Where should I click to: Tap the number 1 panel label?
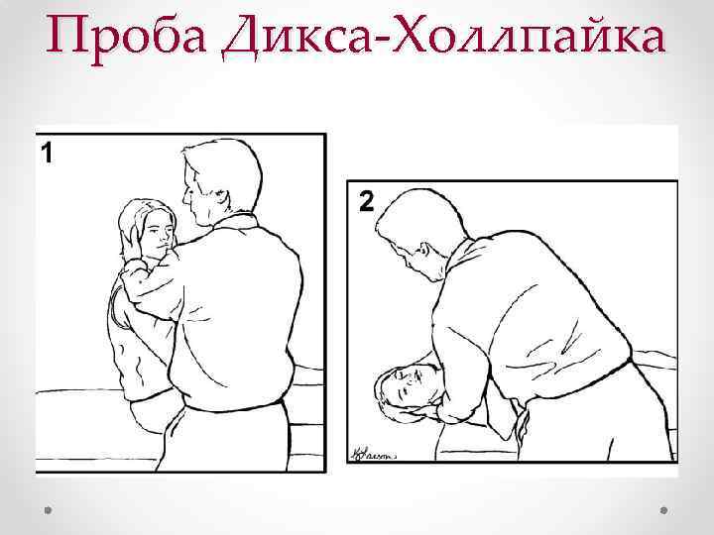coord(46,154)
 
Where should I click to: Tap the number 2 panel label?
coord(366,203)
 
